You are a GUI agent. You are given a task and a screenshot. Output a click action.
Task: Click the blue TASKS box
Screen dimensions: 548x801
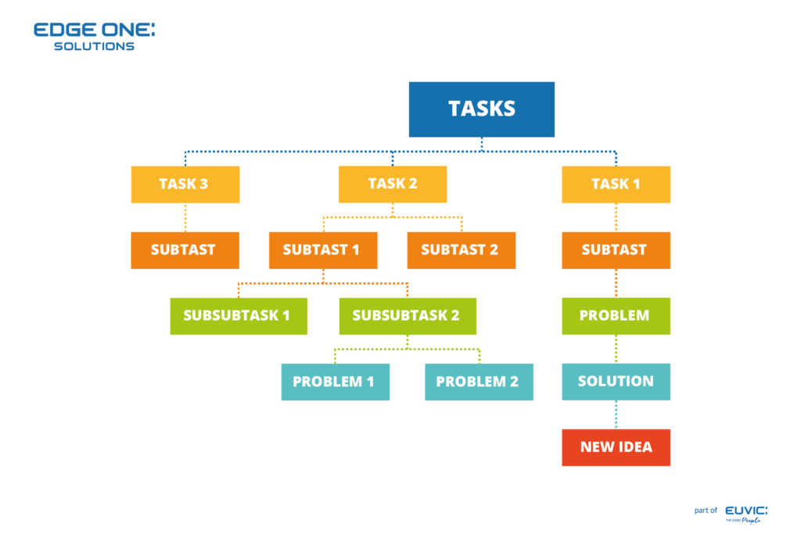click(481, 109)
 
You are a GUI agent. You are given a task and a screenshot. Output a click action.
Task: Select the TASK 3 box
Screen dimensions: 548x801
click(185, 184)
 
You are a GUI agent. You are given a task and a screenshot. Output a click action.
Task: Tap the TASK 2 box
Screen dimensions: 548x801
click(392, 184)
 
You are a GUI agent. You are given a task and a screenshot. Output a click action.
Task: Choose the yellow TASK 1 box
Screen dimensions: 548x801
click(616, 184)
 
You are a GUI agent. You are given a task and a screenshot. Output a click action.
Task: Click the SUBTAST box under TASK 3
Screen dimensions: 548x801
click(185, 250)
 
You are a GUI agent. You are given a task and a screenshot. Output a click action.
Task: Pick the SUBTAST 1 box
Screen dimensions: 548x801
click(323, 250)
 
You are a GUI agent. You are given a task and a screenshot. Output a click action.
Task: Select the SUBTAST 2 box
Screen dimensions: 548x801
click(461, 250)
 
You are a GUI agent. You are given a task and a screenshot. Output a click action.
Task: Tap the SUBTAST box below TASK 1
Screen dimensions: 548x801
click(616, 250)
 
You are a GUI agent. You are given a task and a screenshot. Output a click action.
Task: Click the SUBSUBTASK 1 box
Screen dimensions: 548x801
click(238, 316)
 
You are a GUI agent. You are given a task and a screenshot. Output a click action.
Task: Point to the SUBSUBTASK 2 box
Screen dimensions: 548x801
click(407, 316)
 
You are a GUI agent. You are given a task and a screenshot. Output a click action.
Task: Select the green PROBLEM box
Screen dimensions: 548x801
click(616, 316)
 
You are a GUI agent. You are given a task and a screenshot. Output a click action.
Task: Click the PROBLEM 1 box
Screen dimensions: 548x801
click(335, 381)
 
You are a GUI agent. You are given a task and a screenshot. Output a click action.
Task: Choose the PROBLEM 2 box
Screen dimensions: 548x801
click(479, 381)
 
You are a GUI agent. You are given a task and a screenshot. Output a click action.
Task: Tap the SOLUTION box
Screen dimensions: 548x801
click(616, 381)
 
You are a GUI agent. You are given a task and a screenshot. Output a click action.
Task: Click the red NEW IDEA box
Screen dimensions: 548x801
click(616, 447)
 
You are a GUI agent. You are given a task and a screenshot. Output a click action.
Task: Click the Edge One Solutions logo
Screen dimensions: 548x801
click(94, 36)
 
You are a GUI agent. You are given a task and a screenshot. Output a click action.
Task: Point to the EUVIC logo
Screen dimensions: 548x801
click(745, 513)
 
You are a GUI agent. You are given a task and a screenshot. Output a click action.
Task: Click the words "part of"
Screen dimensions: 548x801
click(706, 510)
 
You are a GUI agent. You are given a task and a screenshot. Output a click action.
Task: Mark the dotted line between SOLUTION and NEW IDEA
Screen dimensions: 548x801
click(616, 414)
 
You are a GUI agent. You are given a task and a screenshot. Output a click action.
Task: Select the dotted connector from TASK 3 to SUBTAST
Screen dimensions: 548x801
click(185, 217)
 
